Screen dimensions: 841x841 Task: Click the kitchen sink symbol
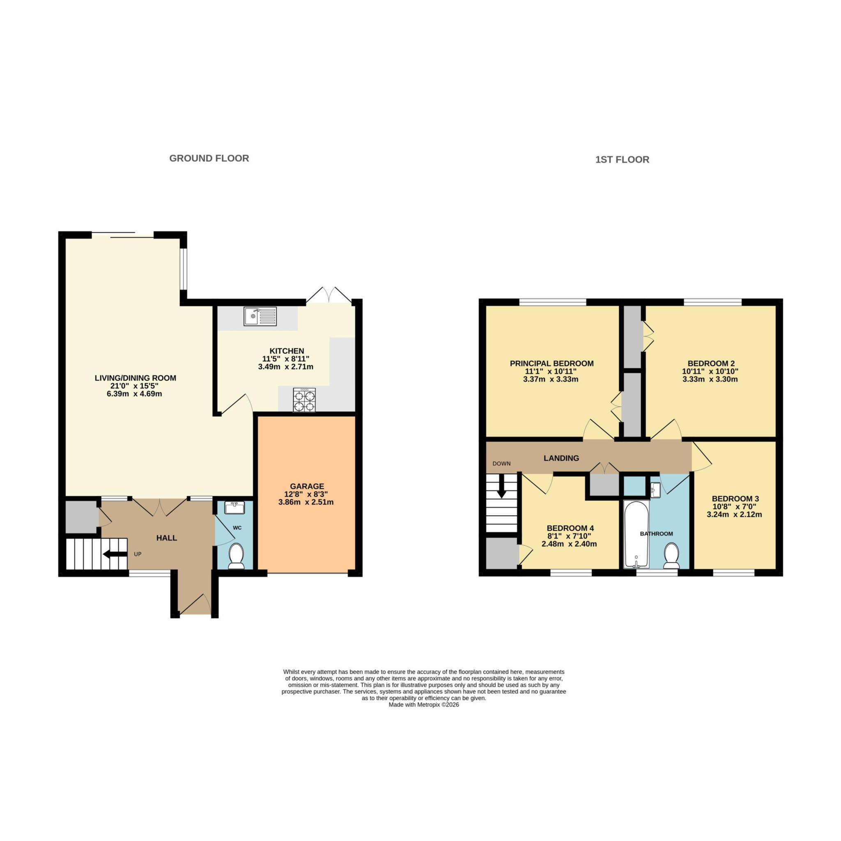(260, 317)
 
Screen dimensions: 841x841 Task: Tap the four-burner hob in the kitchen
(304, 400)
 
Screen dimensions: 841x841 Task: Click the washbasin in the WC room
(234, 507)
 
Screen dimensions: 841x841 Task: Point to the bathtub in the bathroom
(636, 535)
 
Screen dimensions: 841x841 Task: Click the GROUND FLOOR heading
(209, 159)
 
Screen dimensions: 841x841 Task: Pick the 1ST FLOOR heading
(622, 160)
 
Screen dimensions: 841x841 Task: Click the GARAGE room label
(307, 486)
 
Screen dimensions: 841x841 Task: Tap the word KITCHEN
(287, 351)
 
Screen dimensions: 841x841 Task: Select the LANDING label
(561, 458)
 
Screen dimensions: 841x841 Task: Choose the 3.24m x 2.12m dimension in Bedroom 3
(734, 514)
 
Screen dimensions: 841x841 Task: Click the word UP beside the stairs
(138, 554)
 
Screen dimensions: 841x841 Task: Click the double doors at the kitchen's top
(329, 295)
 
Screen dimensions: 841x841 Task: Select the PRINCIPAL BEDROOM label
(551, 363)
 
